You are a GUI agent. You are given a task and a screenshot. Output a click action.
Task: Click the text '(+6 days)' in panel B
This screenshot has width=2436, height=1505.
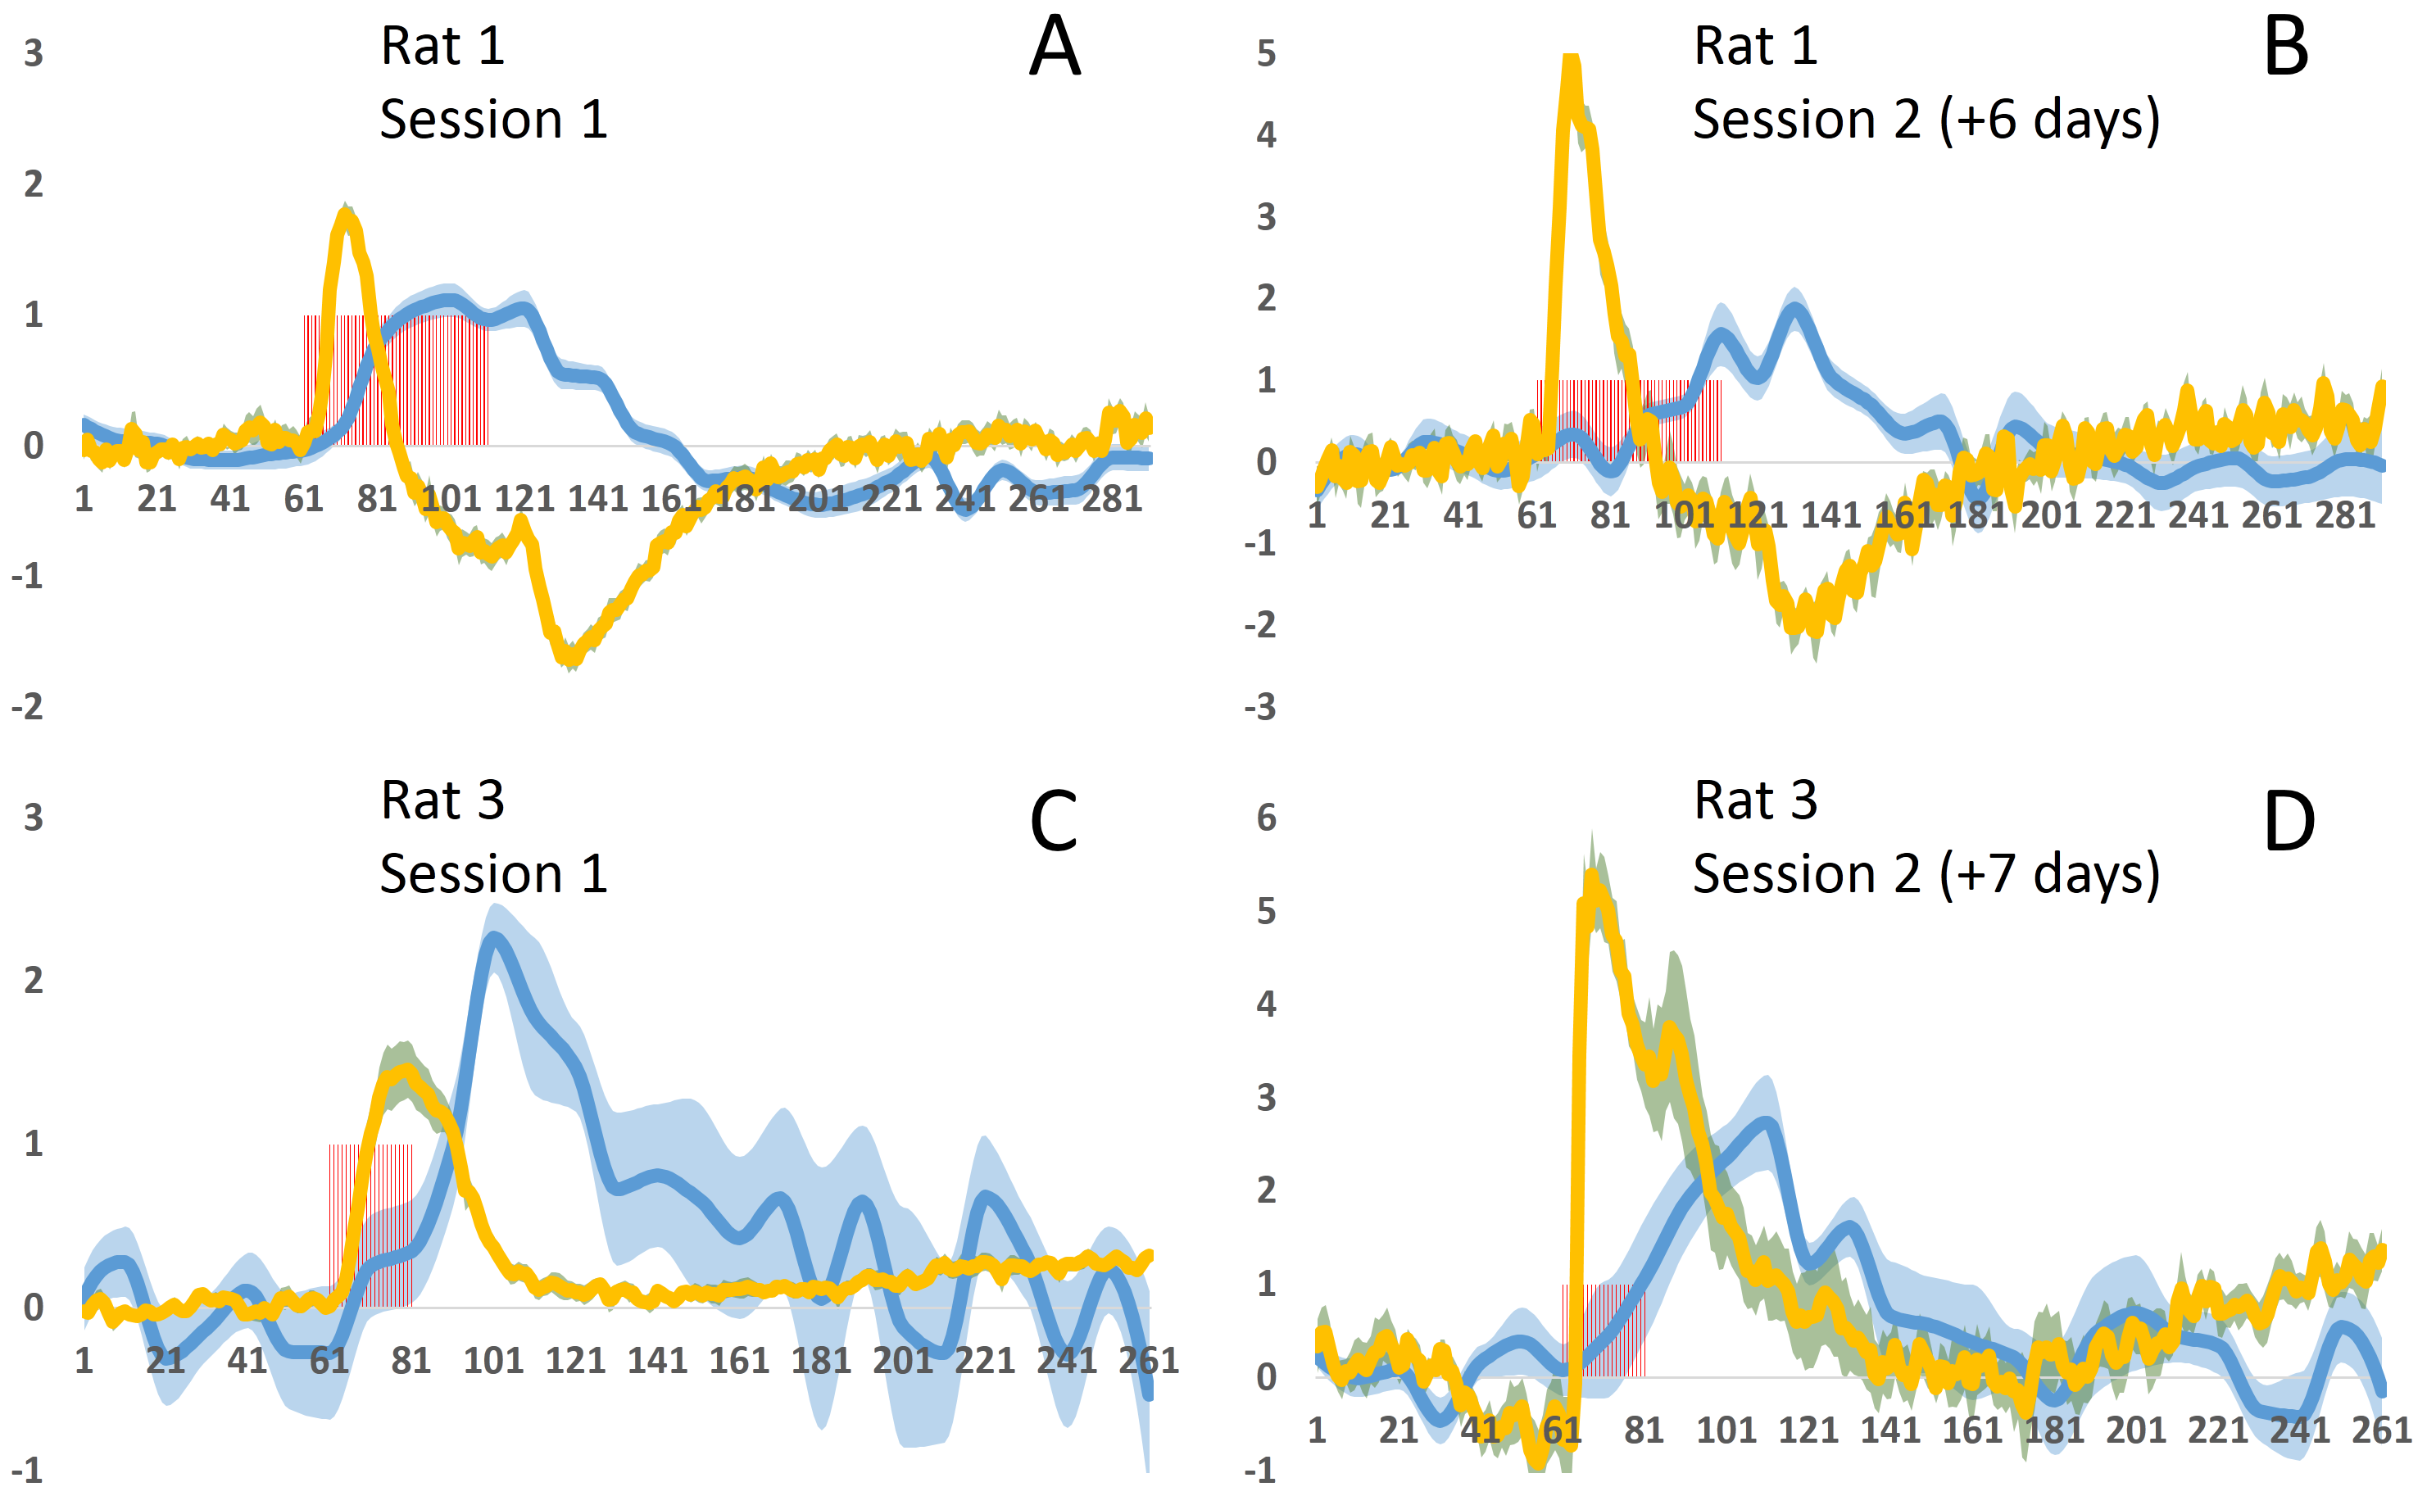coord(2050,120)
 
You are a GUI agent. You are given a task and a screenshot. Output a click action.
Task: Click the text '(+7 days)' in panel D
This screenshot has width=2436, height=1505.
coord(2050,874)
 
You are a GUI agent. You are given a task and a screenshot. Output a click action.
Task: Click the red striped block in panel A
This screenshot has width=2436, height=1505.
coord(397,380)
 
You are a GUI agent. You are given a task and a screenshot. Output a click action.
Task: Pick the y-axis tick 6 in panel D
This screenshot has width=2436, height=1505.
coord(1265,818)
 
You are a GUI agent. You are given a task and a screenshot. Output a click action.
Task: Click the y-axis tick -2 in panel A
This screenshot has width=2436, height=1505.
coord(28,707)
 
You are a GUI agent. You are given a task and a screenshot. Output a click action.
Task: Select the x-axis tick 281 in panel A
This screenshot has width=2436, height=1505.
coord(1112,497)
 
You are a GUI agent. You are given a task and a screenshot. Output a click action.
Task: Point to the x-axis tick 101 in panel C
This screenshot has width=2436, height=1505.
coord(492,1360)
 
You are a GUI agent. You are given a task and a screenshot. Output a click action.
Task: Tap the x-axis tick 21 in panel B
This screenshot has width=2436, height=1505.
coord(1390,515)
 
